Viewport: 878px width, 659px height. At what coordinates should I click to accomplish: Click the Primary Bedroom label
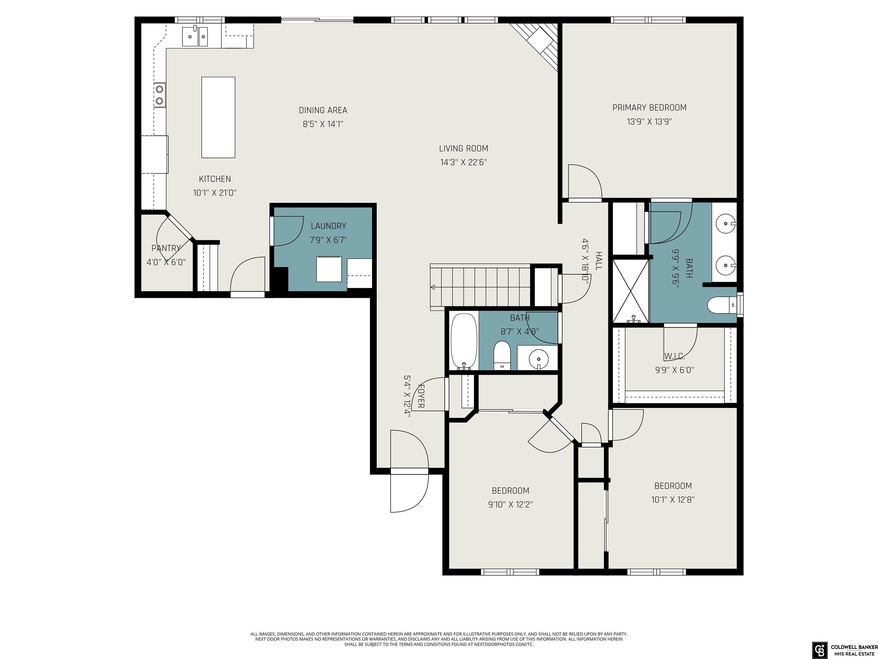649,107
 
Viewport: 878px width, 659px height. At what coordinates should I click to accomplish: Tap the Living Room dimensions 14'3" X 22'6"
464,162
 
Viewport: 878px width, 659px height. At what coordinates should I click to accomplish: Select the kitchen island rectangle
218,117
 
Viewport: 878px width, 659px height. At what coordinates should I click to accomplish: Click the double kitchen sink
195,37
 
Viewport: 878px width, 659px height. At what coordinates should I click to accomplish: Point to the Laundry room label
329,226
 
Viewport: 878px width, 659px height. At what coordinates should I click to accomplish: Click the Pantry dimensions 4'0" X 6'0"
166,262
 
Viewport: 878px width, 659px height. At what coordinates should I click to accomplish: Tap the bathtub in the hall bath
464,341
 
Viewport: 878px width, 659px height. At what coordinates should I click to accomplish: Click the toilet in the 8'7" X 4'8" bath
502,356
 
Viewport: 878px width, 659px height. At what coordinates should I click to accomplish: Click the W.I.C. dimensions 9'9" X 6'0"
675,370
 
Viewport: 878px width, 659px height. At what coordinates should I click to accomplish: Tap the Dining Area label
323,110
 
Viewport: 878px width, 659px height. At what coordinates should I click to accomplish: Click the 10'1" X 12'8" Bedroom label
673,485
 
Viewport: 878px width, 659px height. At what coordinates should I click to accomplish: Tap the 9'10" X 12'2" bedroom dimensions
510,505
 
